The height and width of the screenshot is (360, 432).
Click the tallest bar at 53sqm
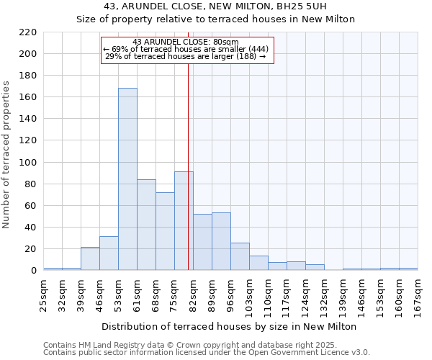(127, 179)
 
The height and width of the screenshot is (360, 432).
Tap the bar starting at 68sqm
(165, 231)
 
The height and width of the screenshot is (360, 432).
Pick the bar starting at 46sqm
(109, 253)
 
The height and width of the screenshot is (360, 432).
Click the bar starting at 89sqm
(221, 241)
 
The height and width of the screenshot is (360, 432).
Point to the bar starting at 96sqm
(240, 256)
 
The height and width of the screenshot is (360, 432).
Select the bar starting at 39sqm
(90, 258)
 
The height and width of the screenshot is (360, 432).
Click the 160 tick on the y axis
(28, 97)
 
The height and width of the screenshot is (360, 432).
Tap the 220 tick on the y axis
(28, 32)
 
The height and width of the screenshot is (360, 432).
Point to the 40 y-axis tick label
(31, 228)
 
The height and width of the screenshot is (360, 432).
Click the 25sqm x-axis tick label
(43, 293)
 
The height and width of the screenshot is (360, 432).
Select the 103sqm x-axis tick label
(249, 295)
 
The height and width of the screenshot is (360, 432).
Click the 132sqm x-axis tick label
(324, 295)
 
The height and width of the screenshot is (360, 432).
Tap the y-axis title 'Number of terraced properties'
(7, 154)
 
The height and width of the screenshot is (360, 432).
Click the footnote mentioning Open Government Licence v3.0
(207, 353)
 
